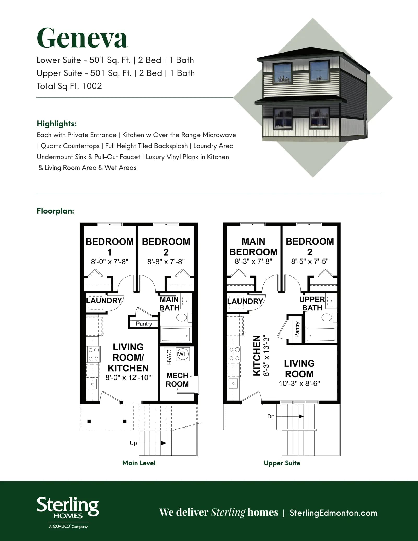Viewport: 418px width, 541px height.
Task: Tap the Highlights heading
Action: (57, 123)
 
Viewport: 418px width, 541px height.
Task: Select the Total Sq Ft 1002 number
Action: (92, 86)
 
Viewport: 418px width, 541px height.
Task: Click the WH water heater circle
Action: (183, 354)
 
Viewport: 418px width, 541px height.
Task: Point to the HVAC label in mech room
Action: (169, 357)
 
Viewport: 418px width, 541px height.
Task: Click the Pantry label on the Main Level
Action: (144, 324)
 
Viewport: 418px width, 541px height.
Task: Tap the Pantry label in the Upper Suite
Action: (297, 330)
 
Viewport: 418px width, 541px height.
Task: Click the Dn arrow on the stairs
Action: (290, 416)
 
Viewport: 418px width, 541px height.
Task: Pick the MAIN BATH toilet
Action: (183, 318)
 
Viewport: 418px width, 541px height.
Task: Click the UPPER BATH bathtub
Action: (321, 334)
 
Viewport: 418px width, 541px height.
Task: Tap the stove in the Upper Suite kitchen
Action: (234, 354)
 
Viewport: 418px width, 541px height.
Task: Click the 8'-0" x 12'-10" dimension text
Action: (128, 377)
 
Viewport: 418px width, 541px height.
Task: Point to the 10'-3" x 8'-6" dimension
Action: (299, 383)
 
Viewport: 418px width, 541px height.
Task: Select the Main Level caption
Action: (139, 463)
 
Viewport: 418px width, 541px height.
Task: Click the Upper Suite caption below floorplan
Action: (282, 463)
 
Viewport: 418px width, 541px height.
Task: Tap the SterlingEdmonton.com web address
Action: (333, 513)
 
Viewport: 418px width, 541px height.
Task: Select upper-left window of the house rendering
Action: (282, 74)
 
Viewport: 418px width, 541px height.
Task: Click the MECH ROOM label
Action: (177, 380)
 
